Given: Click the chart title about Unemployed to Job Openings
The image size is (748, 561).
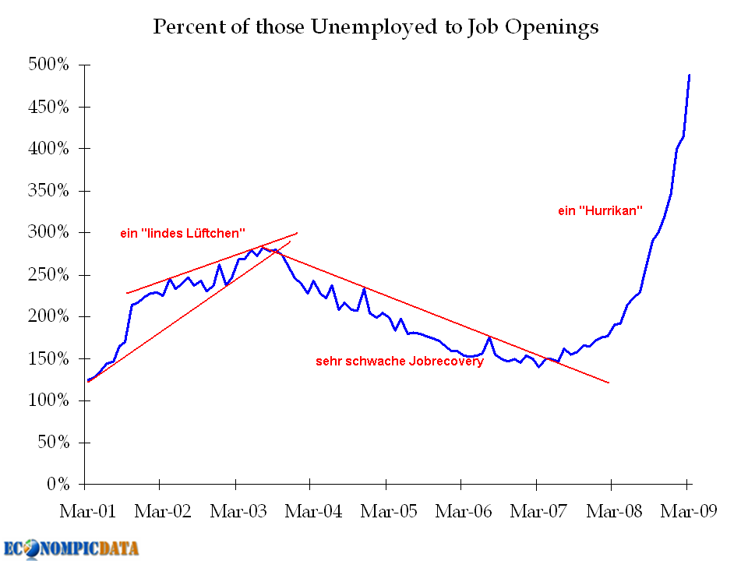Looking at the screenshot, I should tap(376, 26).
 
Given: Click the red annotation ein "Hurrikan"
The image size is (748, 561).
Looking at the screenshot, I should tap(599, 210).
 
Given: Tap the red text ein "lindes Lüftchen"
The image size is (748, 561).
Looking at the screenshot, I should tap(183, 233).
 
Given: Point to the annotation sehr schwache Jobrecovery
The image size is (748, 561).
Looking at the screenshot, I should tap(399, 362).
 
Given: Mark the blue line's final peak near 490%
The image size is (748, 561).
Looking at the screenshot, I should tap(690, 75).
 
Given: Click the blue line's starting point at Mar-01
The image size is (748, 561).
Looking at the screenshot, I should tap(88, 380).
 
